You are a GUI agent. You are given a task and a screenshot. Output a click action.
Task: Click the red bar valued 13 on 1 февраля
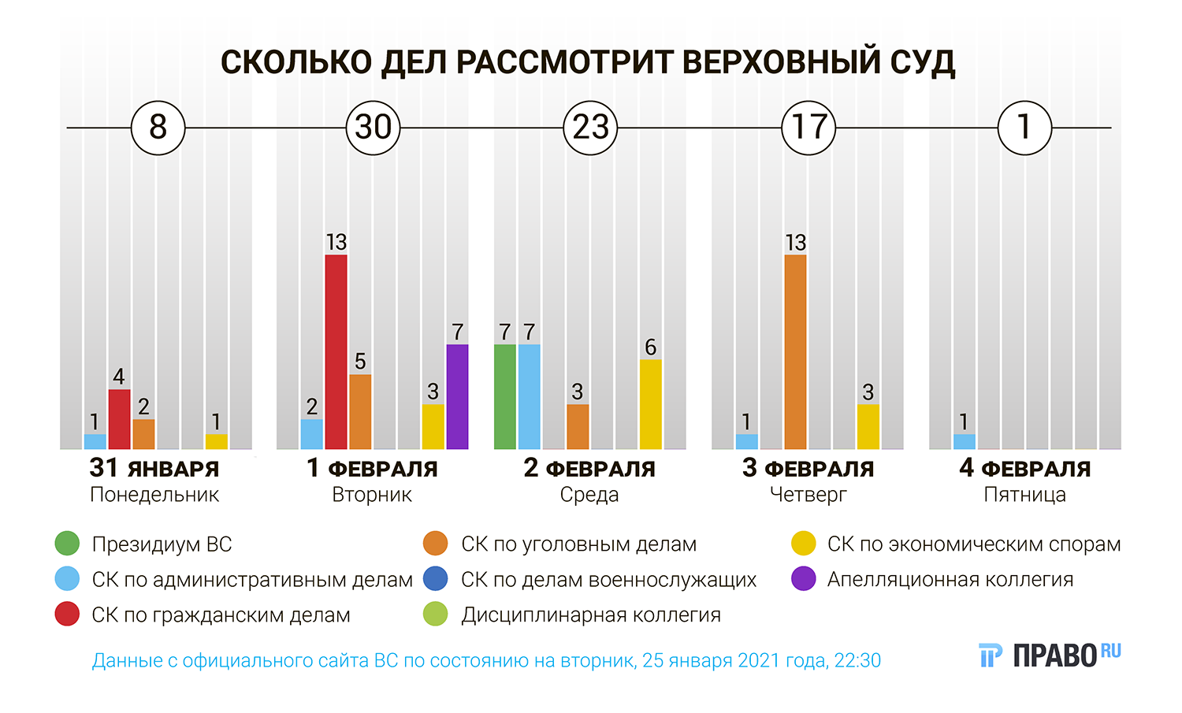coord(336,352)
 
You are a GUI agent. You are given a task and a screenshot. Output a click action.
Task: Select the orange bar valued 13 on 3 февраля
coord(795,352)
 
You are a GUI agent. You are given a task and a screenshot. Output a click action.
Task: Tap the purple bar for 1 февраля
coord(457,397)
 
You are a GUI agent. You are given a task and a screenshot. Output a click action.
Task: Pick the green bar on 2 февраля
coord(505,397)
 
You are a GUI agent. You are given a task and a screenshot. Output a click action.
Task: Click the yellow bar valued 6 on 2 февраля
coord(650,404)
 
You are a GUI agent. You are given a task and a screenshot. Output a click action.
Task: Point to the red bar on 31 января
coord(119,419)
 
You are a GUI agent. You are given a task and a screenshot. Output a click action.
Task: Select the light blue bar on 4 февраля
coord(964,442)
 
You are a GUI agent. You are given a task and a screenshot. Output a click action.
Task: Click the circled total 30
coord(374,128)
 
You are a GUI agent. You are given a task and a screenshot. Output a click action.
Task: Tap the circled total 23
coord(590,128)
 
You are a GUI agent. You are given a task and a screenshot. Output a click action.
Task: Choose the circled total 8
coord(158,128)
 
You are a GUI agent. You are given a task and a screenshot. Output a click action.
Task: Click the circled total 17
coord(808,128)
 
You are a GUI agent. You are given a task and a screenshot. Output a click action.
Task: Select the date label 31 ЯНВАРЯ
coord(154,469)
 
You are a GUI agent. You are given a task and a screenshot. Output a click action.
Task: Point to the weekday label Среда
coord(589,495)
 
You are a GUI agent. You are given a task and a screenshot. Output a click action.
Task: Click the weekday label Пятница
coord(1024,495)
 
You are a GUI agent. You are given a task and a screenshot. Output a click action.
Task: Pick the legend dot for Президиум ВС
coord(67,544)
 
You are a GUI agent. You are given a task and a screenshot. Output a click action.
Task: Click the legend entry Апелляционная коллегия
coord(950,580)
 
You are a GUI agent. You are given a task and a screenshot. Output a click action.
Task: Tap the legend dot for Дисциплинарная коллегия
coord(435,615)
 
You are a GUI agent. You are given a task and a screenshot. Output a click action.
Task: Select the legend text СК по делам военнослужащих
coord(608,580)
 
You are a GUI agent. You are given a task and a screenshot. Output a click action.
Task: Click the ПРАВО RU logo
coord(1050,655)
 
